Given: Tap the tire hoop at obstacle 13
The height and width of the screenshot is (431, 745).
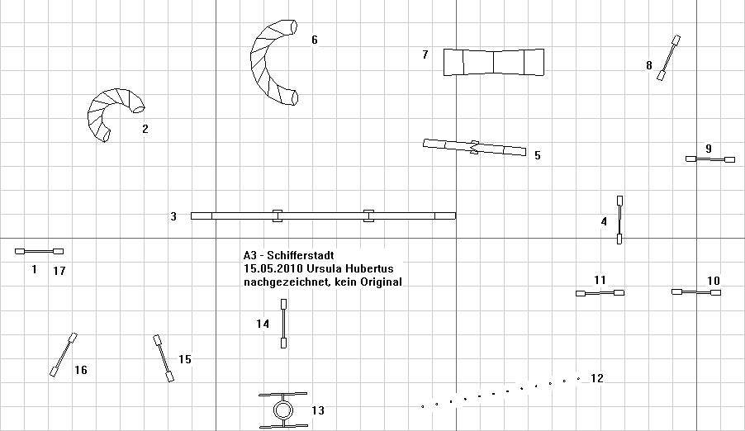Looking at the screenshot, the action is (x=282, y=410).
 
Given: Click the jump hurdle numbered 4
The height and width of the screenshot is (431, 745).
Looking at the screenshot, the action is (x=619, y=220).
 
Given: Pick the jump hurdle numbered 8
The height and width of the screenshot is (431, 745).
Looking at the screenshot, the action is (x=669, y=58).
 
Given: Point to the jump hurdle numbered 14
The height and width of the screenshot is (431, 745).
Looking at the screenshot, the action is (x=283, y=324).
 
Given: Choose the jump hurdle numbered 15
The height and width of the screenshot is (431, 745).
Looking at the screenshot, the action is (x=164, y=358).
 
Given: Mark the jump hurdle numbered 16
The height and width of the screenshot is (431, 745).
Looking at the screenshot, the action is (x=64, y=355).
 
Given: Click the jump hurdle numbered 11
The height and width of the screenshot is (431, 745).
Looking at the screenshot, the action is (x=600, y=293).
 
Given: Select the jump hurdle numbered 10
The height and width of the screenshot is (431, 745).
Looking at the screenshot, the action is (x=696, y=292).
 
